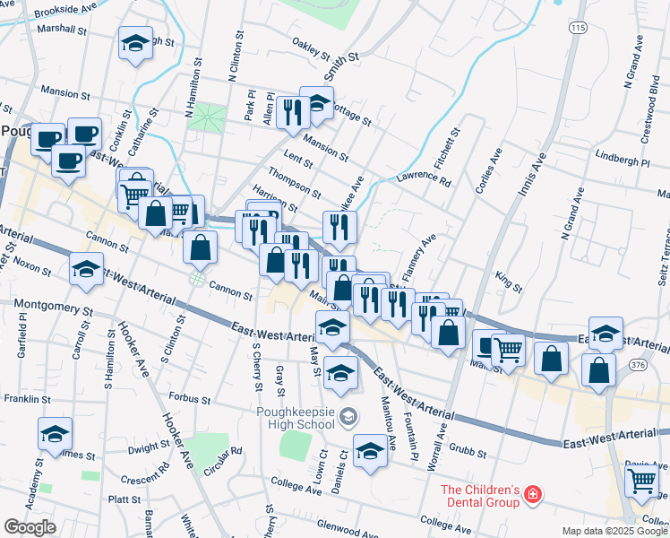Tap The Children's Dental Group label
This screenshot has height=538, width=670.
[x=479, y=496]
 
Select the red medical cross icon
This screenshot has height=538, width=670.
[x=533, y=494]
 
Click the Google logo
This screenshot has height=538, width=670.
[x=30, y=526]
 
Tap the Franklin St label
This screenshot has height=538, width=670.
[x=24, y=398]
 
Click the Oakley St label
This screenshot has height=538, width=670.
[x=312, y=48]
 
